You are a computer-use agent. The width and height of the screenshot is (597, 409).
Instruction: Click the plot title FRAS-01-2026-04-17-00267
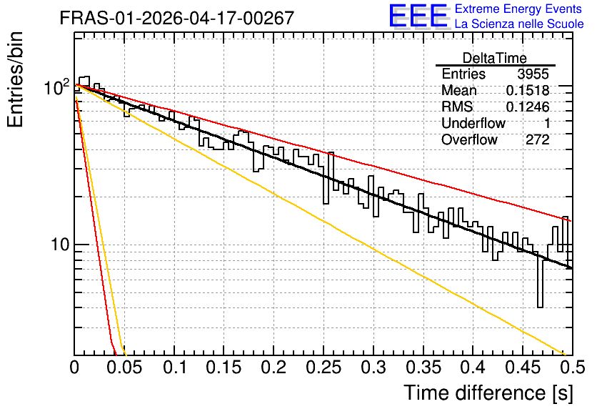tap(176, 18)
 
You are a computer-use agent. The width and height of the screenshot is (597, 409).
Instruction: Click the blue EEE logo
tap(418, 16)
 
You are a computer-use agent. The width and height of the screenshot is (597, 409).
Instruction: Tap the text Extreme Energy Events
tap(518, 9)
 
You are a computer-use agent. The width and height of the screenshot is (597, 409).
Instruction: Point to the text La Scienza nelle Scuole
tap(519, 24)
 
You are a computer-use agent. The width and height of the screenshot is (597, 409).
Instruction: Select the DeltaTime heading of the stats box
tap(495, 58)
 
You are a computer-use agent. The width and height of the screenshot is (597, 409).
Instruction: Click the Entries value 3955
tap(533, 74)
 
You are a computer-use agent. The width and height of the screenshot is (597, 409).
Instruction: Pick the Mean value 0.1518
tap(528, 90)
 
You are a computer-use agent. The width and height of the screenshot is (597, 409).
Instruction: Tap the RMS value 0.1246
tap(528, 107)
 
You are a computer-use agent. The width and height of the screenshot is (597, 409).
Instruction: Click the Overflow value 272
tap(538, 140)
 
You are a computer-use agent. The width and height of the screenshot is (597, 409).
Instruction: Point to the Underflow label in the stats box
tap(473, 123)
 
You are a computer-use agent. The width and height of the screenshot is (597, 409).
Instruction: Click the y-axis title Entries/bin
tap(15, 79)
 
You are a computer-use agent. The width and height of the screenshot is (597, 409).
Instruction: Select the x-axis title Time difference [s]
tap(488, 393)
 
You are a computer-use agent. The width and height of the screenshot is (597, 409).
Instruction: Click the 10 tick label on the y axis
tap(60, 245)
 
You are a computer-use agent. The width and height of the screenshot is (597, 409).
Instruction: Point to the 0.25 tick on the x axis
tap(323, 368)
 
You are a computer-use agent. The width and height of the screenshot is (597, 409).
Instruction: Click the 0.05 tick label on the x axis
tap(124, 368)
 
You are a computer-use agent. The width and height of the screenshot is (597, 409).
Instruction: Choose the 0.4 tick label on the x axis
tap(473, 368)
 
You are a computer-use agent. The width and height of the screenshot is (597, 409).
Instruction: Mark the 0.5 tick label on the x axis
tap(573, 368)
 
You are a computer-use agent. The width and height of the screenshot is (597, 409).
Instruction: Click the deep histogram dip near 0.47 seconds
tap(540, 282)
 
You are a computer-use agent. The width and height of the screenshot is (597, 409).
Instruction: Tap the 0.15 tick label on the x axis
tap(224, 368)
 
